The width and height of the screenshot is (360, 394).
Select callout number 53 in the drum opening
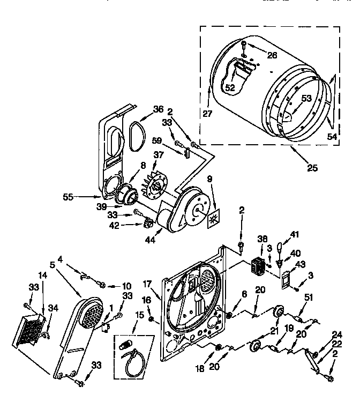(x=305, y=98)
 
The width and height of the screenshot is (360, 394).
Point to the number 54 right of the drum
(x=332, y=137)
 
